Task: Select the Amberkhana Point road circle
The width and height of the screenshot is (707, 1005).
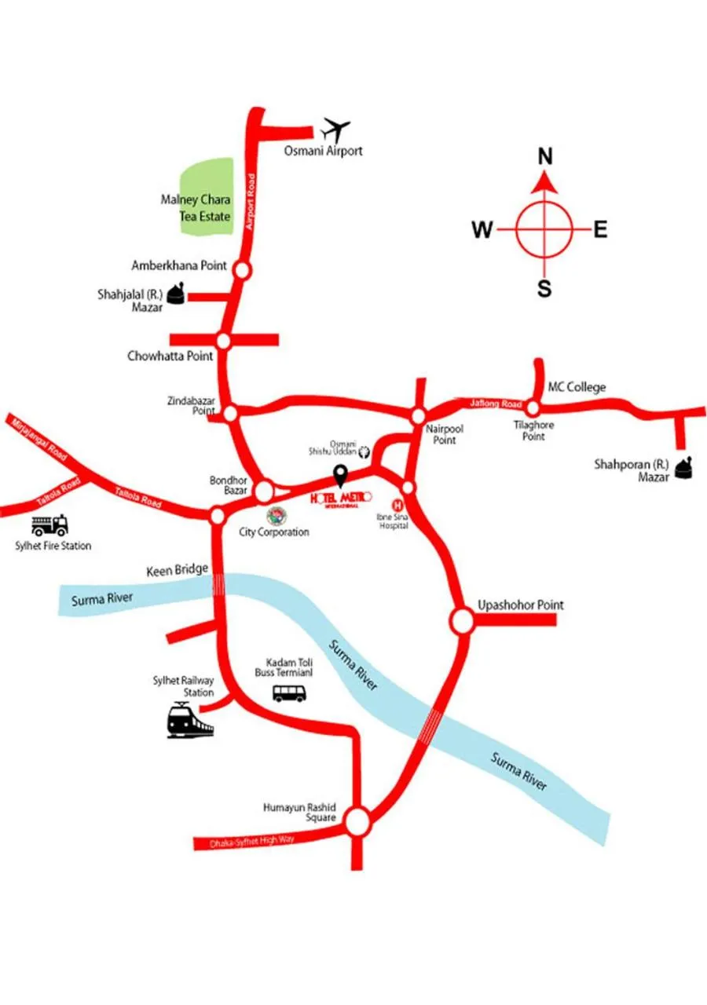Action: point(242,270)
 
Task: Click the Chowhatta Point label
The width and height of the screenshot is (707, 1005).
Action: point(170,356)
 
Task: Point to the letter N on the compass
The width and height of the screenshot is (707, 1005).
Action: point(544,157)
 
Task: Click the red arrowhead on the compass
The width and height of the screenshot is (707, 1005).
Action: point(544,183)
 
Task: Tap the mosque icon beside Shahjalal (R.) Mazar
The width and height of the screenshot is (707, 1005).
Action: point(178,294)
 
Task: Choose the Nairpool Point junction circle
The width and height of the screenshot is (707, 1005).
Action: point(419,415)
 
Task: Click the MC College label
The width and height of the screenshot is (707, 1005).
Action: point(577,387)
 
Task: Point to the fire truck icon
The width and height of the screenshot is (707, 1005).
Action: point(49,525)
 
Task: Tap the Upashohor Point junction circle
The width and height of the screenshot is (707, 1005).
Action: point(462,621)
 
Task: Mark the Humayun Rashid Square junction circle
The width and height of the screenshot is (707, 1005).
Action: point(357,823)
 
